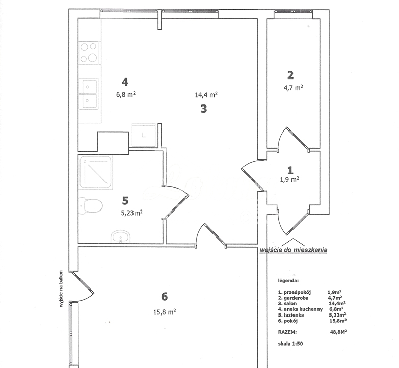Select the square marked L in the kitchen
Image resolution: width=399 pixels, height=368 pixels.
pos(144,135)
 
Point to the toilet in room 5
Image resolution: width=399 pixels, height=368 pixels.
pos(90,206)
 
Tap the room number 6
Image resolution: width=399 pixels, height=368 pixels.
pos(164,296)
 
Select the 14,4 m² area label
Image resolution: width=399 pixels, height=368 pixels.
pos(206,95)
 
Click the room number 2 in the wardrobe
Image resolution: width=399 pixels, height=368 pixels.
pos(290,75)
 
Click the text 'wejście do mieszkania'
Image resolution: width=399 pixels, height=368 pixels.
pos(293,250)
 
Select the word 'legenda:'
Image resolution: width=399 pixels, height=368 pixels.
pos(288,281)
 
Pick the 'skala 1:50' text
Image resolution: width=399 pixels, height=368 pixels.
pos(290,344)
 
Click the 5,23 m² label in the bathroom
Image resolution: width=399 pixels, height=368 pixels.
pos(131,214)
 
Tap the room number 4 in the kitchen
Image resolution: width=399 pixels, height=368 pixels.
pos(124,82)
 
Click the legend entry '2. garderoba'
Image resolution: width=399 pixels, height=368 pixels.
pos(295,298)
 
